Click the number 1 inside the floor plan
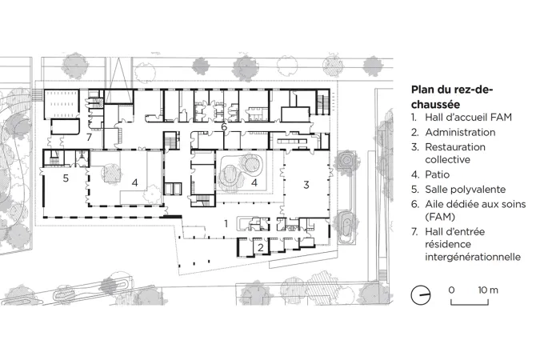tap(226, 223)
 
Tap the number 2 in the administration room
tap(261, 247)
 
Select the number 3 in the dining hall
tap(306, 185)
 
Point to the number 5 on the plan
tap(66, 178)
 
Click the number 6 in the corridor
tap(224, 126)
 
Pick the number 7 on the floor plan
tap(90, 137)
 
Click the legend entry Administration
tap(460, 132)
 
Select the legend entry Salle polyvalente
tap(466, 190)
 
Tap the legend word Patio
tap(438, 174)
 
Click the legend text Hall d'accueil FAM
tap(468, 118)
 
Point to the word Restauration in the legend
tap(455, 147)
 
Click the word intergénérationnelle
tap(473, 257)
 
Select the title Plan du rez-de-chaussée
tap(452, 97)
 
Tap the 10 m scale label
tap(488, 290)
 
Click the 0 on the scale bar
tap(451, 290)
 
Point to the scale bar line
tap(470, 304)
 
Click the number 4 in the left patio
tap(134, 183)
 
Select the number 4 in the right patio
tap(254, 183)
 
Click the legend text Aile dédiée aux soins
tap(475, 204)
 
